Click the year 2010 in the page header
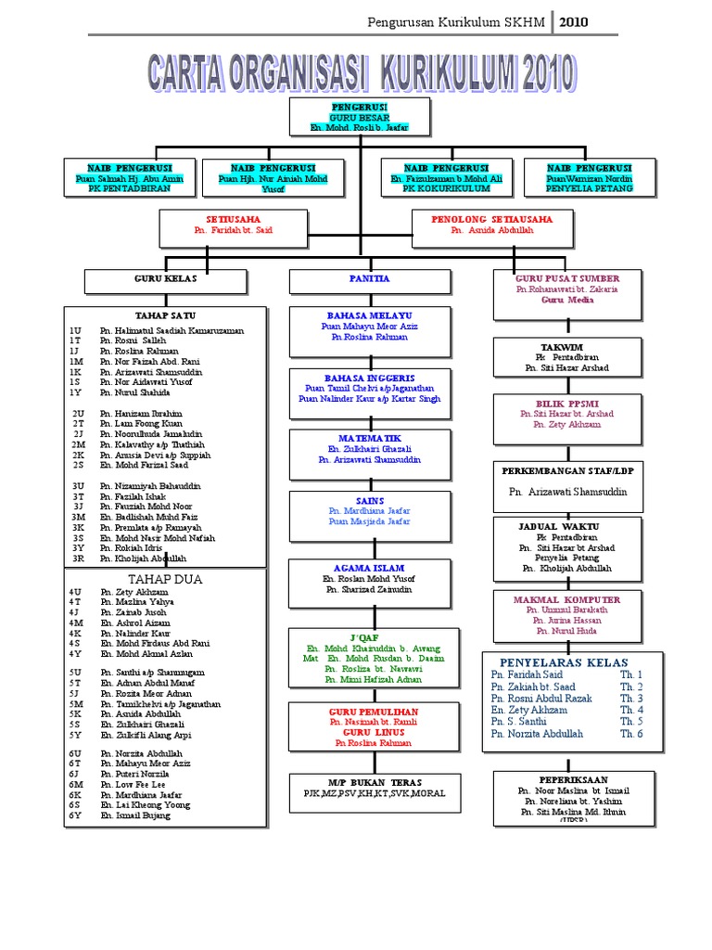click(x=572, y=21)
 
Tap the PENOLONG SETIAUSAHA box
click(x=491, y=225)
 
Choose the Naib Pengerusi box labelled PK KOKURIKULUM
click(x=446, y=177)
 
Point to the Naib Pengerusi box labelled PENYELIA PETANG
click(x=590, y=177)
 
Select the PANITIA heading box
click(x=369, y=279)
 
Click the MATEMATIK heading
click(x=369, y=437)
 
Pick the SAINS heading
click(x=369, y=501)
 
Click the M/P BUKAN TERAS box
click(x=369, y=788)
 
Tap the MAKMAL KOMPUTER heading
click(x=566, y=600)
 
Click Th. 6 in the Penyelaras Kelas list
click(x=631, y=734)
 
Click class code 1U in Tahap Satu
click(x=75, y=331)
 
